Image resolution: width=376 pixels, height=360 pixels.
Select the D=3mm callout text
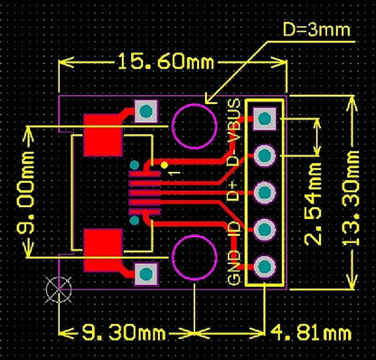[x=315, y=29]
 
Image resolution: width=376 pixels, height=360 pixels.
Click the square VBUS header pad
[x=265, y=118]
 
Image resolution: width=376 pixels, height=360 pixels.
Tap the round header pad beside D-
[x=265, y=156]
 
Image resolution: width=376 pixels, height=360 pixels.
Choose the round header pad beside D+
[x=265, y=193]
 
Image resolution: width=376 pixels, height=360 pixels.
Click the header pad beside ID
[x=265, y=230]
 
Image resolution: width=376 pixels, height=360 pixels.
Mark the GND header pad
[x=265, y=267]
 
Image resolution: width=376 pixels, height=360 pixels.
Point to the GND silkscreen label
[x=234, y=268]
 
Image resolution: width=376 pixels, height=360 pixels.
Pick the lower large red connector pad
[x=102, y=250]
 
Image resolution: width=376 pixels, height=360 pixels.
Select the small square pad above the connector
[x=145, y=112]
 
